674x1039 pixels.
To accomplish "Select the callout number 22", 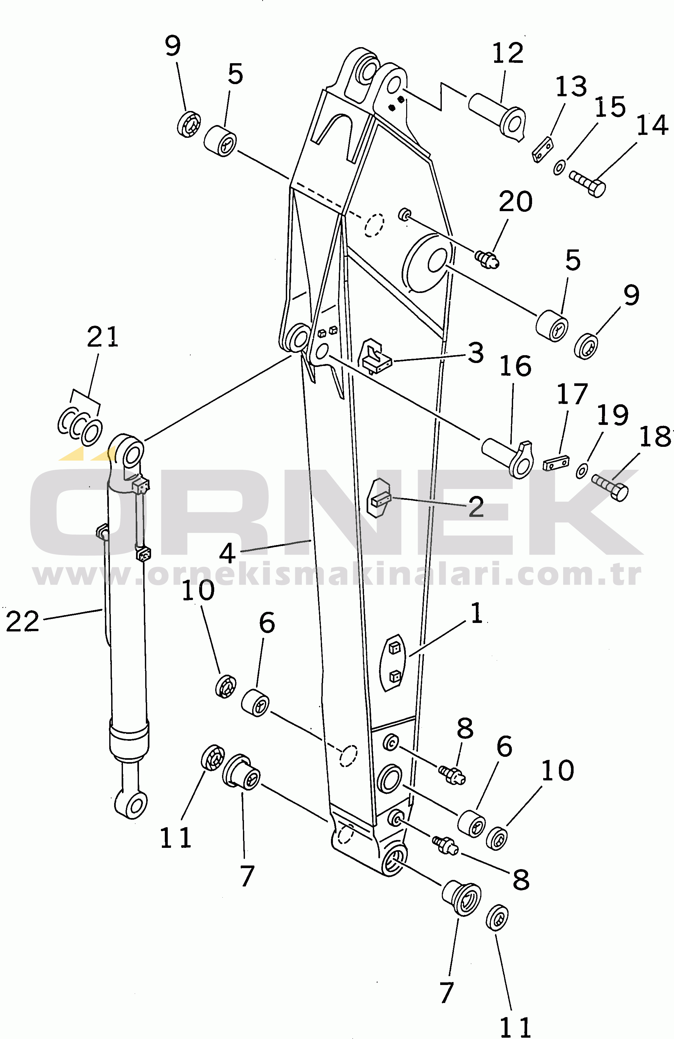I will pyautogui.click(x=23, y=622).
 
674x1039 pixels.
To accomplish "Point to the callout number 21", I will pyautogui.click(x=102, y=337).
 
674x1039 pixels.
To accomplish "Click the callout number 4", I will pyautogui.click(x=227, y=554).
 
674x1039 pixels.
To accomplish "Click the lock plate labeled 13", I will pyautogui.click(x=542, y=149).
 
